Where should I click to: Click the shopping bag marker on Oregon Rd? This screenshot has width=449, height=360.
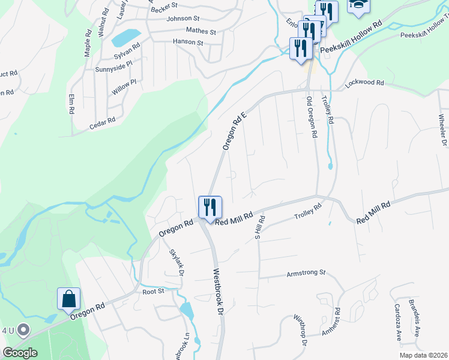tap(68, 299)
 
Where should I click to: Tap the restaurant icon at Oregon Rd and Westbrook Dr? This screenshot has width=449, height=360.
tap(210, 208)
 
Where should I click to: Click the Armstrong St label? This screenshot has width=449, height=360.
tap(305, 274)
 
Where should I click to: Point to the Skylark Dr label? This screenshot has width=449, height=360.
tap(176, 262)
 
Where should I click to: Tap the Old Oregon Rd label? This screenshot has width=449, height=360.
tap(311, 117)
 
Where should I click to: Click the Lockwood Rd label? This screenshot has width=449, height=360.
tap(364, 83)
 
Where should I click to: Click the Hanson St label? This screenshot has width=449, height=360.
tap(188, 43)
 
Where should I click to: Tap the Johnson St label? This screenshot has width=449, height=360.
tap(183, 19)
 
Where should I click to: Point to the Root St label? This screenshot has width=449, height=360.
tap(153, 291)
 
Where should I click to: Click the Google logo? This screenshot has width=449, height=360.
tap(20, 353)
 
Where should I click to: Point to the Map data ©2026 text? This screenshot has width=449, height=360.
tap(423, 355)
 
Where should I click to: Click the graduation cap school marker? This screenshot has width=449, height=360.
tap(359, 5)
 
